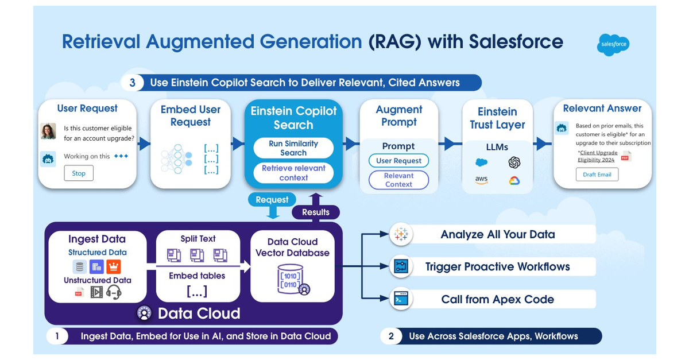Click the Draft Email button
597,175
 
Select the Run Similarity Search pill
293,148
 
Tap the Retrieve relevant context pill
293,173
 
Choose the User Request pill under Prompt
398,161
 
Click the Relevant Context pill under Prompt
398,180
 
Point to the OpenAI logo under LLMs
514,162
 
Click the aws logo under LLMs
481,180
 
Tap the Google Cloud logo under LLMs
514,180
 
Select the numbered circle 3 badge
133,83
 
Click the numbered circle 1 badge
57,336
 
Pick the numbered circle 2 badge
391,336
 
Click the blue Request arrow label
272,200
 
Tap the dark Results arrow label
315,212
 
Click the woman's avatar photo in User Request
48,131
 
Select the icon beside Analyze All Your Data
400,234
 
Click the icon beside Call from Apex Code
400,299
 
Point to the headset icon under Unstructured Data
114,292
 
